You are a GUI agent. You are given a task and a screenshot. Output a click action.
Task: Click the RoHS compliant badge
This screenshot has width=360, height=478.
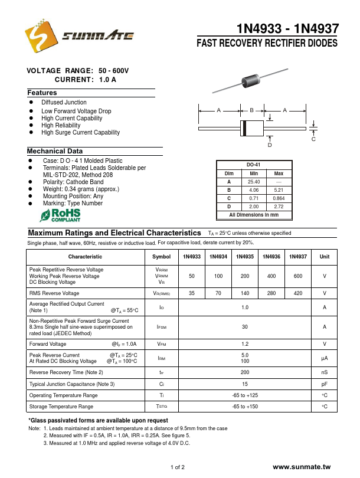click(x=60, y=215)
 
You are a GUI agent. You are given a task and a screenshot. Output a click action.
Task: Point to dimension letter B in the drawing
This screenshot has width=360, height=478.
click(x=251, y=110)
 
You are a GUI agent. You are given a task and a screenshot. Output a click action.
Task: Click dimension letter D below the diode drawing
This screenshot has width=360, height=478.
click(x=270, y=145)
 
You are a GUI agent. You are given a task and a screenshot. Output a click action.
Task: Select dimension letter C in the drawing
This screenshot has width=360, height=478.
click(x=313, y=139)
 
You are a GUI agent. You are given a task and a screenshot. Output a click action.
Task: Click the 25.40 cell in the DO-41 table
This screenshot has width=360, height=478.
click(x=254, y=182)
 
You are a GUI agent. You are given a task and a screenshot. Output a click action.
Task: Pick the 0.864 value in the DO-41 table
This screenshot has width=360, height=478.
click(x=279, y=198)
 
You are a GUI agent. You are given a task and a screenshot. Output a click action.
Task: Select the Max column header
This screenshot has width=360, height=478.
click(x=279, y=173)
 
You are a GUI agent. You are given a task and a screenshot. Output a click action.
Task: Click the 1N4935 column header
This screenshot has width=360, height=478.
click(x=245, y=257)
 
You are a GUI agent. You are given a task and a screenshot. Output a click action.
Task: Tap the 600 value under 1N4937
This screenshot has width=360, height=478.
click(x=297, y=276)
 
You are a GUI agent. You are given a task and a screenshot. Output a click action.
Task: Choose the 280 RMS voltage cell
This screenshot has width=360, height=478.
click(x=271, y=293)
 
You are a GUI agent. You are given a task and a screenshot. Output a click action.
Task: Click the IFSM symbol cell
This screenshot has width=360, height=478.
click(x=161, y=326)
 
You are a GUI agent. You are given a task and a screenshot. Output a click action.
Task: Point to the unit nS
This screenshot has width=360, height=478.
click(x=324, y=372)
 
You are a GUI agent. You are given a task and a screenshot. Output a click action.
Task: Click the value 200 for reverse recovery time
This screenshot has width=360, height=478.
click(x=245, y=372)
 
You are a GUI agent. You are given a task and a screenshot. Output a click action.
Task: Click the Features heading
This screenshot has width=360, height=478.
click(x=42, y=93)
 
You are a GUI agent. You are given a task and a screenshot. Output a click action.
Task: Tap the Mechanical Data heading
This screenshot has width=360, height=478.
click(x=55, y=152)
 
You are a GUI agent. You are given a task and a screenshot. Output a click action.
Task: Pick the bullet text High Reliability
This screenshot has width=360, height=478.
click(x=61, y=126)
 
